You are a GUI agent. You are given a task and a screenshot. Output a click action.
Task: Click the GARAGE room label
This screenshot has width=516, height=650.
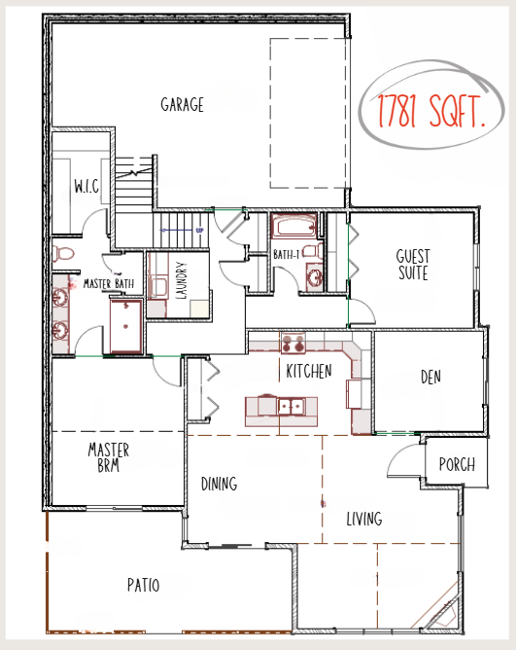(183, 104)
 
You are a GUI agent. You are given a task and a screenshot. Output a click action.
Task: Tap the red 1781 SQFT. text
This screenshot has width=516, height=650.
(431, 111)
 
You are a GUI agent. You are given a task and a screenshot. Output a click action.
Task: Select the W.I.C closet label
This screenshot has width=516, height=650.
(86, 186)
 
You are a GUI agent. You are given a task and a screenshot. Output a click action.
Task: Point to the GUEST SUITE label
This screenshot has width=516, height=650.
(413, 265)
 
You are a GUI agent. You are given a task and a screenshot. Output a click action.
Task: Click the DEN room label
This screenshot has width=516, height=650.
(430, 377)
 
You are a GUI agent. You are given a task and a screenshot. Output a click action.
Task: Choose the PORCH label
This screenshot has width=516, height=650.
(457, 464)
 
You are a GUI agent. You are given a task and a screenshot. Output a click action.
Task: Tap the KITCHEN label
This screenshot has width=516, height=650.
(309, 371)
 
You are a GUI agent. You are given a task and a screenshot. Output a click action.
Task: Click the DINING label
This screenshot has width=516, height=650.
(219, 484)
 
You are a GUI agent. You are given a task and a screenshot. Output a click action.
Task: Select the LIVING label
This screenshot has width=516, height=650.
(364, 519)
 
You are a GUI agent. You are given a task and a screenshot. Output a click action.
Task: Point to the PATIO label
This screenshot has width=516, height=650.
(143, 585)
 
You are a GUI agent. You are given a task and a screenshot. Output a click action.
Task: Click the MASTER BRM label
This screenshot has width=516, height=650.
(109, 457)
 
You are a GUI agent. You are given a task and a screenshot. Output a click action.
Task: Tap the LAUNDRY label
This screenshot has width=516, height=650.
(182, 280)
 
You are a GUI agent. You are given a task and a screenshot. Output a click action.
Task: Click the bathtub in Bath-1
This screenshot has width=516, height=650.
(294, 227)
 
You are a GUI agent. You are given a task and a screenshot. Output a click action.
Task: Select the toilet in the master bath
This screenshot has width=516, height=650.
(63, 253)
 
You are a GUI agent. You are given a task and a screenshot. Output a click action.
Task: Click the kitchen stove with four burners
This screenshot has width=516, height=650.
(292, 343)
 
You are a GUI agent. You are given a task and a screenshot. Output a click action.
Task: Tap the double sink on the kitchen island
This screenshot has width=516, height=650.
(292, 406)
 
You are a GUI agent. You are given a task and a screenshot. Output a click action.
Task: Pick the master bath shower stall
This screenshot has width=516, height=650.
(126, 325)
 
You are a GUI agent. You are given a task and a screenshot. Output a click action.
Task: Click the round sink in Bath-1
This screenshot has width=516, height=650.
(315, 277)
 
